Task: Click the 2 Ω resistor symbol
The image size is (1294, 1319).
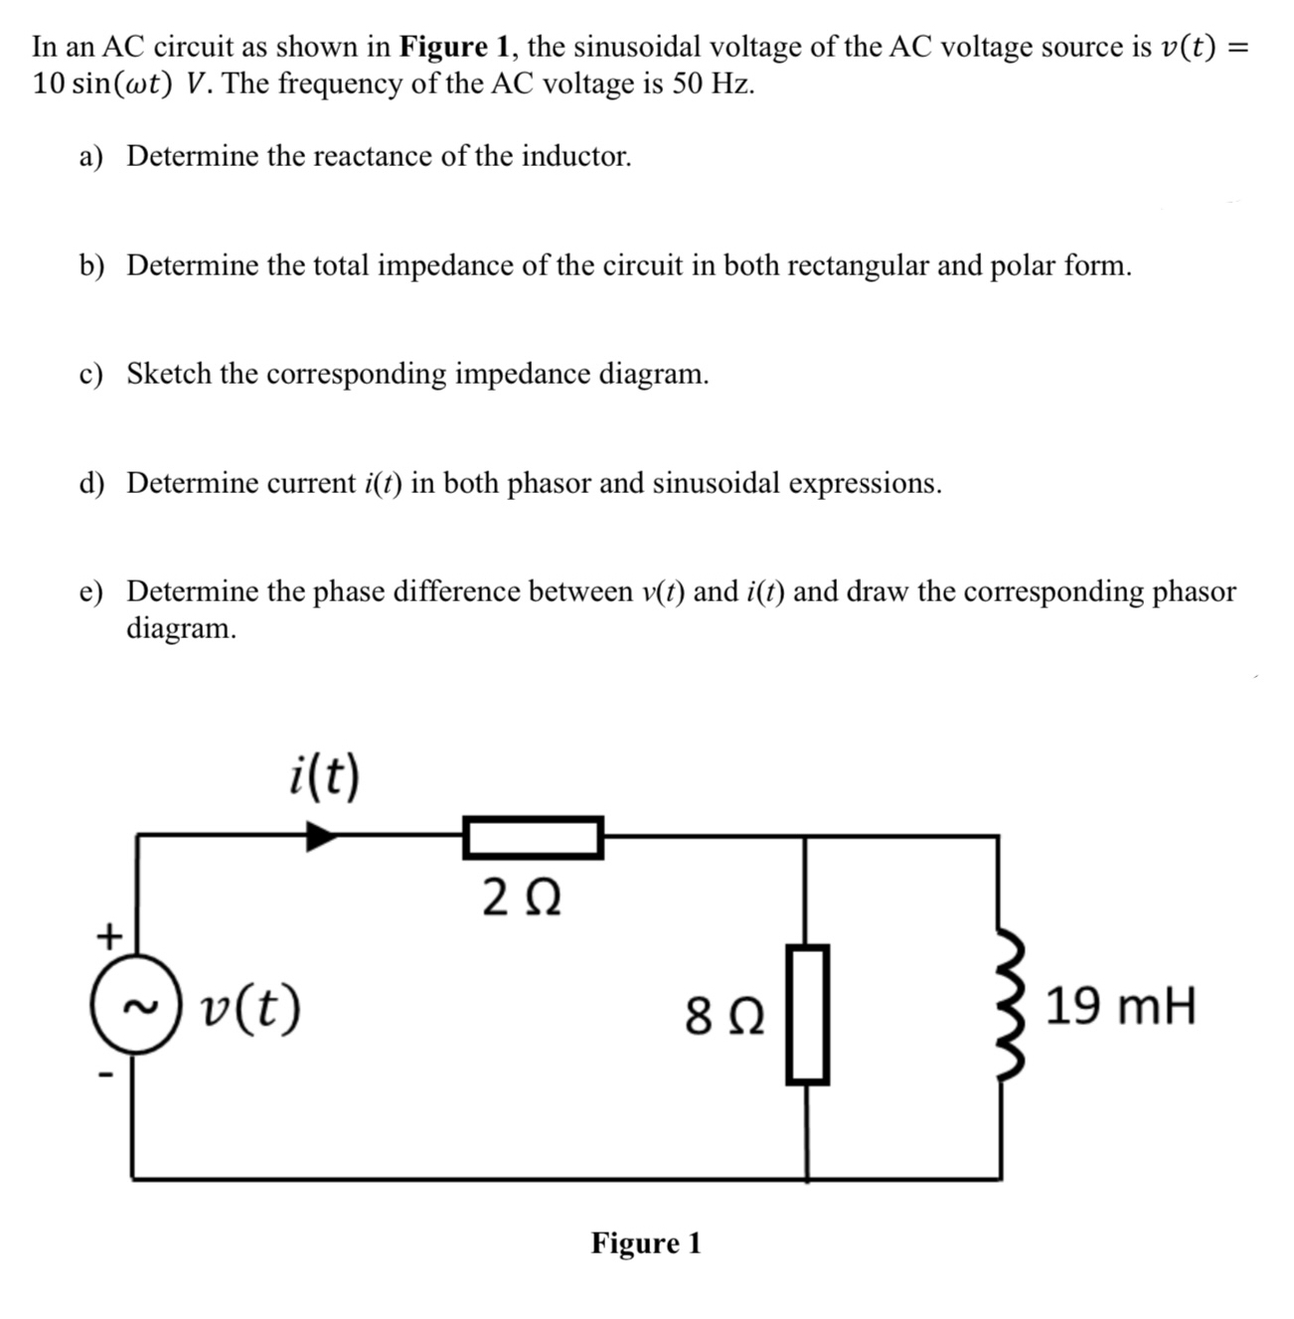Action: click(x=533, y=837)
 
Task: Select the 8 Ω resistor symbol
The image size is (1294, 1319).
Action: click(x=807, y=1014)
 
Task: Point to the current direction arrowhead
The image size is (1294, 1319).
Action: click(x=320, y=836)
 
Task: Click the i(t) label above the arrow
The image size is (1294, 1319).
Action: click(x=324, y=775)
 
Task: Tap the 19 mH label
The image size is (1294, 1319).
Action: click(x=1121, y=1006)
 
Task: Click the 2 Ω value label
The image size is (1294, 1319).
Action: click(x=522, y=900)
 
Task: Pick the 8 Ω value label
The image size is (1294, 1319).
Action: click(x=725, y=1017)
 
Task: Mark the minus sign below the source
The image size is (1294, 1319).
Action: click(x=106, y=1075)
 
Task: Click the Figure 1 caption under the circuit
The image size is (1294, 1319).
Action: click(x=646, y=1243)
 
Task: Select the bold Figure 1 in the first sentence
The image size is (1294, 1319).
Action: click(x=456, y=47)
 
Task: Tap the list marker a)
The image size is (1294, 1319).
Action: click(x=91, y=157)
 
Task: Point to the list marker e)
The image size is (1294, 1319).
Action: click(x=91, y=592)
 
